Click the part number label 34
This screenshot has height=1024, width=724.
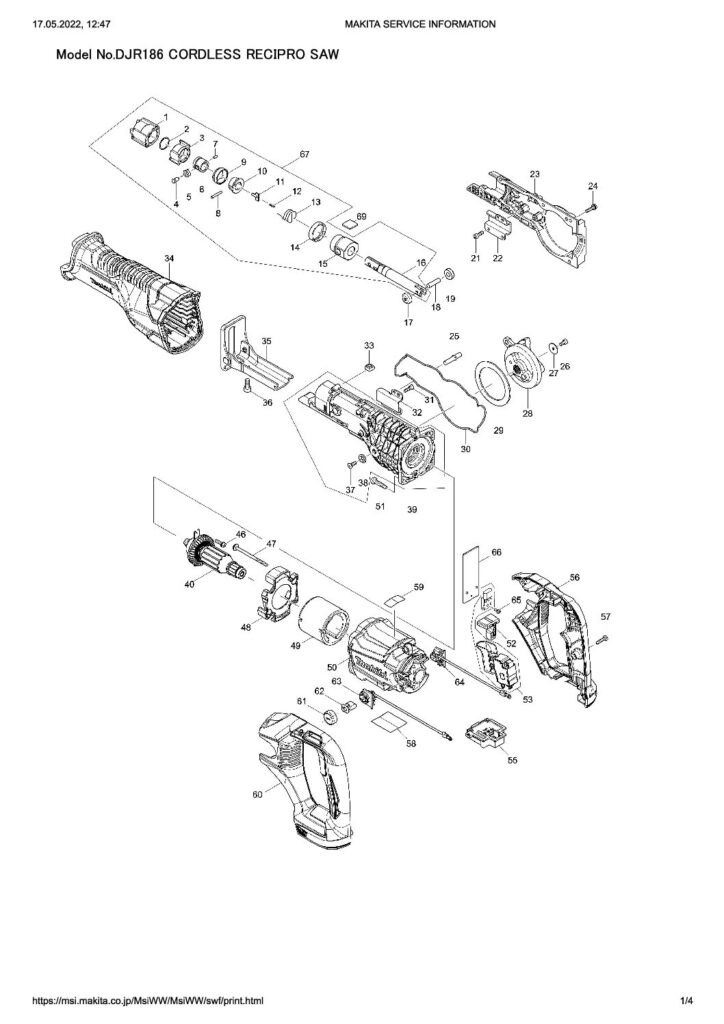[169, 259]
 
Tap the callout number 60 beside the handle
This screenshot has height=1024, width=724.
[257, 793]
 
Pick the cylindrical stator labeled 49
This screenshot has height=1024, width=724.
[326, 626]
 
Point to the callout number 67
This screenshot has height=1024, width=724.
[305, 155]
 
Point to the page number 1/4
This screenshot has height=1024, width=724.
[686, 999]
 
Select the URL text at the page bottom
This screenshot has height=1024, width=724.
[149, 999]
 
